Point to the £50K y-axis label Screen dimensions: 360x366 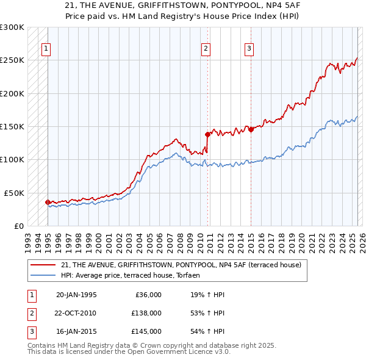pos(14,193)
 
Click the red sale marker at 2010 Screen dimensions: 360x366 pos(207,134)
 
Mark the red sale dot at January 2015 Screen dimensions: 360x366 pos(251,129)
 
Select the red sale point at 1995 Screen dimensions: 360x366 pos(48,202)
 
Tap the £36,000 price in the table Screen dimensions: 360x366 pos(146,295)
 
